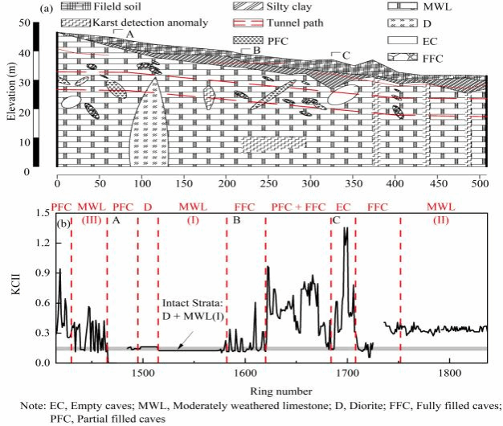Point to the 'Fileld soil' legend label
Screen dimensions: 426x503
click(121, 6)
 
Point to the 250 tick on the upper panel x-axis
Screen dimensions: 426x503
click(226, 182)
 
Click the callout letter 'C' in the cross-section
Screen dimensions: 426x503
click(346, 55)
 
